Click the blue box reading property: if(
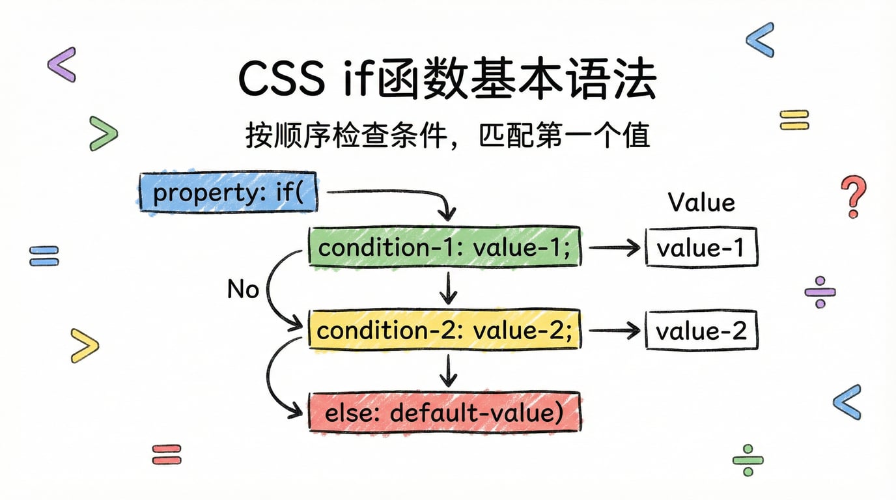(x=229, y=192)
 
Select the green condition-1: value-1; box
(x=444, y=247)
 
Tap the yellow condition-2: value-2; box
(x=444, y=331)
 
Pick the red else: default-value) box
(x=444, y=411)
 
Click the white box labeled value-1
(x=701, y=247)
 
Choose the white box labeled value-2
(x=701, y=331)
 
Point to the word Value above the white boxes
(x=701, y=202)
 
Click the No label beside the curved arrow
(x=243, y=288)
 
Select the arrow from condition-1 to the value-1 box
(x=613, y=247)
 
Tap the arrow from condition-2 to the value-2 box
(x=613, y=331)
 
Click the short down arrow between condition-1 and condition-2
(x=447, y=289)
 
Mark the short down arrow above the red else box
(x=447, y=370)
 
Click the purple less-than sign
(x=63, y=64)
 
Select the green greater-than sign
(x=104, y=133)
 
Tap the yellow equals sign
(x=794, y=119)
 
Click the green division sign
(x=748, y=461)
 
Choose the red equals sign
(x=167, y=453)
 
